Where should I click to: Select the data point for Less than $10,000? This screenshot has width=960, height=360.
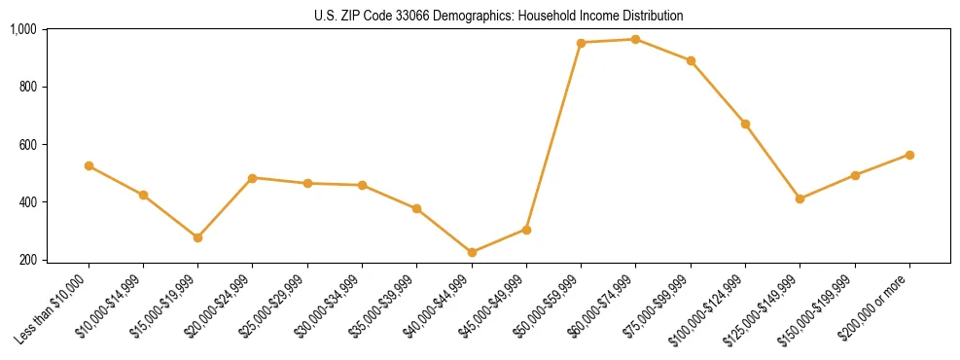click(x=89, y=165)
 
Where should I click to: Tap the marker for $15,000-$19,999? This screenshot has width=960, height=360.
click(x=197, y=237)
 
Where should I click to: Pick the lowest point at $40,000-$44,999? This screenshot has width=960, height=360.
click(x=472, y=252)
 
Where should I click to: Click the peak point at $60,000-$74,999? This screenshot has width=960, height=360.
click(x=635, y=39)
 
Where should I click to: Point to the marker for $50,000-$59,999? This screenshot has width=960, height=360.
click(x=581, y=43)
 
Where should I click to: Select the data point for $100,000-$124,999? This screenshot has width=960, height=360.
click(x=745, y=124)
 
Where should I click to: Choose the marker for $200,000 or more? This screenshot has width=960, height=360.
click(x=909, y=155)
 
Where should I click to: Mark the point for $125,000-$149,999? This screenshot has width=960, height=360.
click(x=800, y=198)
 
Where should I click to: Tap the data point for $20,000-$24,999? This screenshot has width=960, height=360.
click(x=252, y=178)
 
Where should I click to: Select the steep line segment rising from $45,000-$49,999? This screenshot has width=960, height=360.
click(x=553, y=136)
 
